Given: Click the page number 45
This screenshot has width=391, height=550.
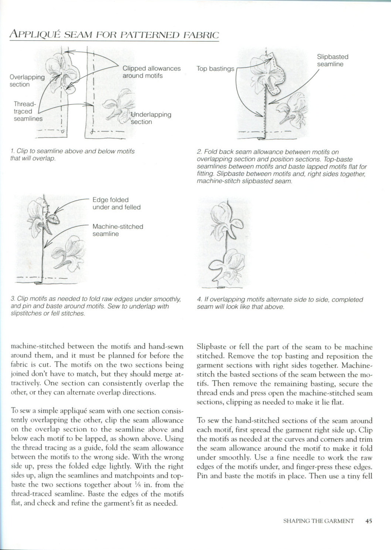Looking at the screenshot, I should pyautogui.click(x=368, y=521).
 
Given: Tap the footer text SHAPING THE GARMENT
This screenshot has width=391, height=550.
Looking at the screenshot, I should pyautogui.click(x=318, y=521).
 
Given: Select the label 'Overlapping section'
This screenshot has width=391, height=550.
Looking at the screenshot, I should pyautogui.click(x=27, y=81).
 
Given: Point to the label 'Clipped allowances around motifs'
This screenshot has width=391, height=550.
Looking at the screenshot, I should pyautogui.click(x=151, y=72).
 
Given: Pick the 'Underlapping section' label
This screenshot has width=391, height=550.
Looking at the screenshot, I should pyautogui.click(x=151, y=118).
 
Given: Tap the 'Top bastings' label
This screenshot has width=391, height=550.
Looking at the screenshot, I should pyautogui.click(x=215, y=68).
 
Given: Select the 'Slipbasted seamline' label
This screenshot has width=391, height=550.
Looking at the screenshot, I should pyautogui.click(x=332, y=60).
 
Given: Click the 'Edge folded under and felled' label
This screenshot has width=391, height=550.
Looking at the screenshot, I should pyautogui.click(x=116, y=204).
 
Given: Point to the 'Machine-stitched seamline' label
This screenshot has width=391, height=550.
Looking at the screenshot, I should pyautogui.click(x=117, y=230).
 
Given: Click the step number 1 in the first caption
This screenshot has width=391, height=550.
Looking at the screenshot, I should pyautogui.click(x=13, y=151).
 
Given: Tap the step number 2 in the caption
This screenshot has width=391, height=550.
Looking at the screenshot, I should pyautogui.click(x=199, y=152).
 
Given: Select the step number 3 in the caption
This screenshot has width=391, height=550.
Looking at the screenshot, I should pyautogui.click(x=13, y=299).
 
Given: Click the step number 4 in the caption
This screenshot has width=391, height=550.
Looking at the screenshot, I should pyautogui.click(x=199, y=300).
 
